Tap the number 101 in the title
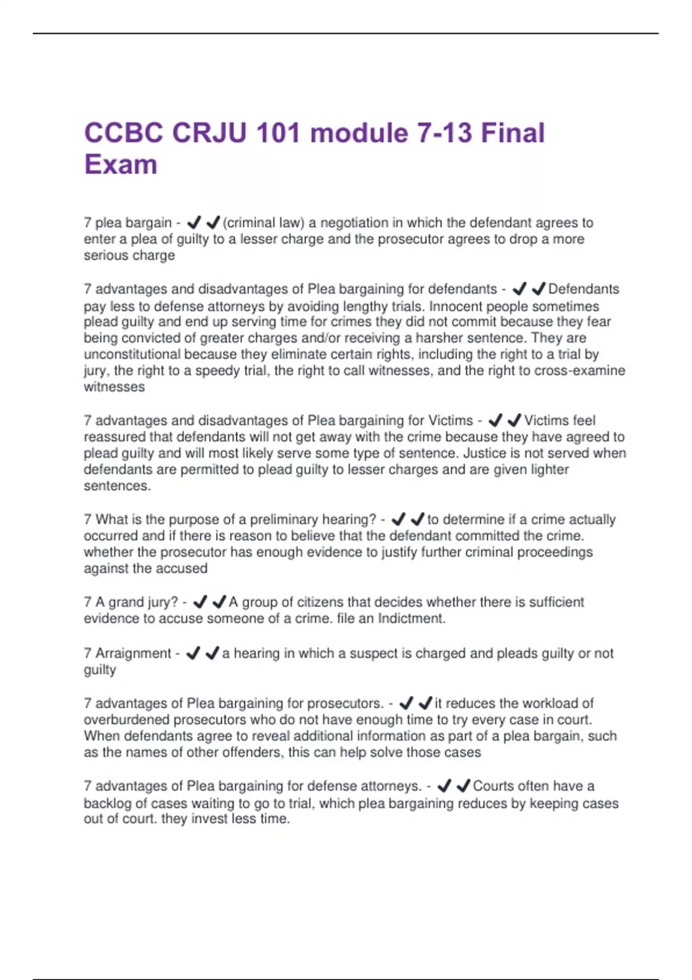(x=279, y=133)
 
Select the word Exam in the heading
(x=121, y=165)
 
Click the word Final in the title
(x=513, y=133)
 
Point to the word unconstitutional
(x=132, y=354)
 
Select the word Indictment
(x=411, y=619)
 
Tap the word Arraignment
(x=133, y=653)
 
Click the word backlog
(x=106, y=803)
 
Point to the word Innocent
(x=458, y=306)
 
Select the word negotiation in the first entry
(x=354, y=223)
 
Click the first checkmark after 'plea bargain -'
(x=194, y=222)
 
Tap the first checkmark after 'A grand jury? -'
(x=200, y=602)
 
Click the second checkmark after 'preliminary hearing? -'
(x=417, y=519)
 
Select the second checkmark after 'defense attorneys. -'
(x=463, y=786)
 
